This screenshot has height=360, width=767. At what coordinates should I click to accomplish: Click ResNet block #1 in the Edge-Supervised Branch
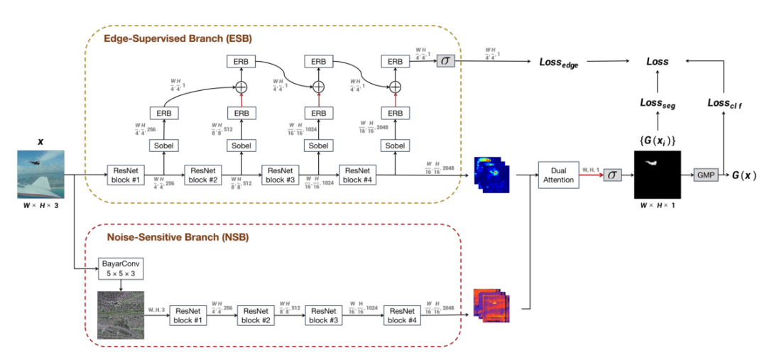126,174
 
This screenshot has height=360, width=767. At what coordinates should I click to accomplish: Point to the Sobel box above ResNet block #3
319,145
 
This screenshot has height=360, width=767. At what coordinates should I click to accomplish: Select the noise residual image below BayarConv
120,315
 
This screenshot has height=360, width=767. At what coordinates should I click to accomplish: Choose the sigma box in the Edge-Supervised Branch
444,62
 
